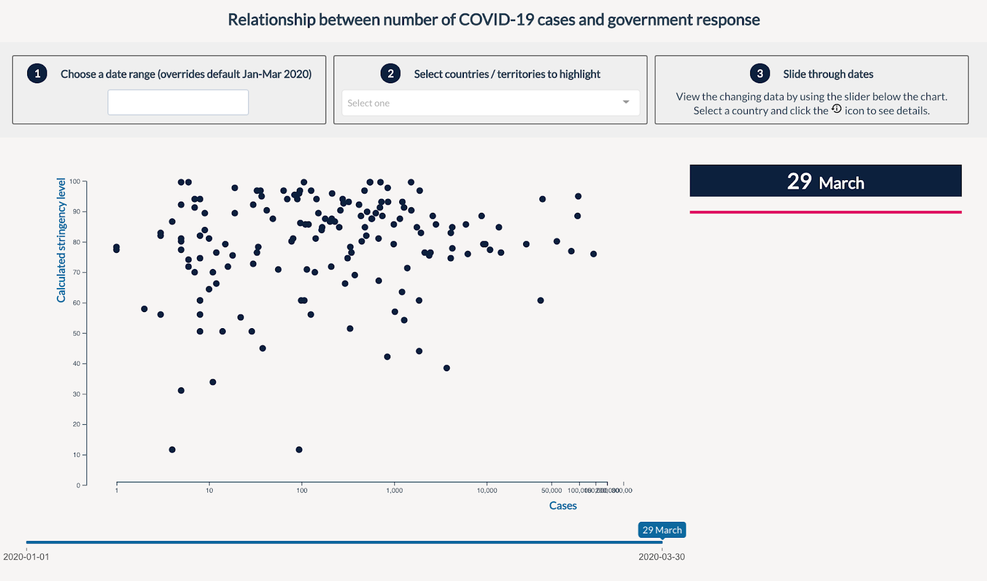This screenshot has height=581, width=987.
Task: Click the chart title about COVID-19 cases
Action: (x=493, y=20)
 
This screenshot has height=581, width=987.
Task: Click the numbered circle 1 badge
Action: (x=37, y=73)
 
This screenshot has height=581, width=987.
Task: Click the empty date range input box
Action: (x=178, y=102)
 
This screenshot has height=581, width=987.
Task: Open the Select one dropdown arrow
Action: (x=626, y=102)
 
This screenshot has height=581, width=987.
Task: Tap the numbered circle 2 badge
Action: (x=390, y=73)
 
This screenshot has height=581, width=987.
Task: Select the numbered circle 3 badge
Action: (x=760, y=73)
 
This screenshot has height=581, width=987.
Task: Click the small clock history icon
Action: (x=836, y=109)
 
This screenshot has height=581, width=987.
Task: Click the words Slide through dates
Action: (x=828, y=74)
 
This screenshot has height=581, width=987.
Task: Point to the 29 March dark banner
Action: (x=825, y=181)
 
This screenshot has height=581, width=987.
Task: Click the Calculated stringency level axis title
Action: (x=61, y=240)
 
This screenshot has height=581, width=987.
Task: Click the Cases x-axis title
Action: (x=563, y=506)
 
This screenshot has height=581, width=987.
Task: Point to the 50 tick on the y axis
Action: (x=76, y=333)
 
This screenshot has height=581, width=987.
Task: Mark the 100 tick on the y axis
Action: (x=75, y=181)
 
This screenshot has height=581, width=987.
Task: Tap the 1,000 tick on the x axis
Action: (x=394, y=490)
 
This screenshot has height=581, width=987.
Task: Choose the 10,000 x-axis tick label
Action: (x=487, y=490)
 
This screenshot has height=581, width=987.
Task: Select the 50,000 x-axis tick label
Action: (x=551, y=490)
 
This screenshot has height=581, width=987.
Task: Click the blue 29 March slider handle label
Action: (x=662, y=530)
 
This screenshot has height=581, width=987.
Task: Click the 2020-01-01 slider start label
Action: (x=26, y=557)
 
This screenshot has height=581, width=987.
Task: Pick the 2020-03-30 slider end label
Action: (x=661, y=557)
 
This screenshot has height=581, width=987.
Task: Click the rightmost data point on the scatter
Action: (x=593, y=254)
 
